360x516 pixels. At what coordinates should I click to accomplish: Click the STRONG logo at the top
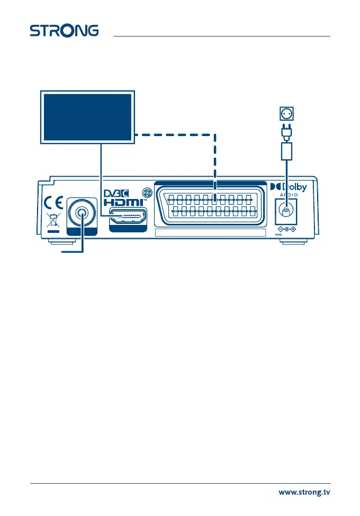pos(64,30)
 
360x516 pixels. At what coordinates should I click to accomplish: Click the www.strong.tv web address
pos(304,493)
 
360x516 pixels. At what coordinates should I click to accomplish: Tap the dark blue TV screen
pos(87,117)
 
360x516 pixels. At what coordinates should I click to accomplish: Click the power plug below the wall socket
pos(286,131)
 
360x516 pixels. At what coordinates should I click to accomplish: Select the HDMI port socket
pos(128,216)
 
